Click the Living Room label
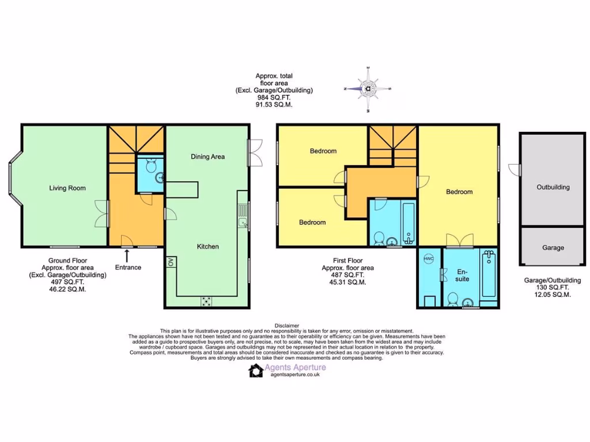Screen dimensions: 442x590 point(67,188)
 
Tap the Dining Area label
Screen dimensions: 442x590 point(208,157)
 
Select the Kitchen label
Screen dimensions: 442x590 point(208,246)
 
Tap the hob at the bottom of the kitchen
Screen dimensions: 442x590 point(206,300)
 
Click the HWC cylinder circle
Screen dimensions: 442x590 point(429,259)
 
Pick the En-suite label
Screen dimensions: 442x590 point(463,275)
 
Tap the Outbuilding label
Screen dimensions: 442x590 point(553,187)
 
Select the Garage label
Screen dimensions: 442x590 point(553,247)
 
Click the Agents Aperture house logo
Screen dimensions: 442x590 point(256,370)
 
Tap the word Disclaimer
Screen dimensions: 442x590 point(287,326)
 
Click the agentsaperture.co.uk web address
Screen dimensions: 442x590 point(295,375)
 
